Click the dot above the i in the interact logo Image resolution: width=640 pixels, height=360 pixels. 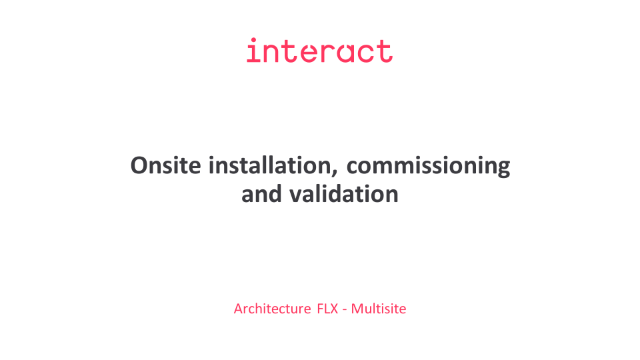click(x=253, y=41)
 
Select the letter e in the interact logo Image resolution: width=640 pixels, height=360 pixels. click(x=309, y=53)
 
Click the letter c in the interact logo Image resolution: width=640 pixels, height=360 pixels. click(x=366, y=53)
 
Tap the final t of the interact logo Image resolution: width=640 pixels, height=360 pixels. click(x=385, y=51)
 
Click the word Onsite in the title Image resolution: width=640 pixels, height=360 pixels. click(x=166, y=165)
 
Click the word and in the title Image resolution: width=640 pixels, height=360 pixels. click(x=261, y=194)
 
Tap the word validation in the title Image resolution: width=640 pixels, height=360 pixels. click(x=344, y=194)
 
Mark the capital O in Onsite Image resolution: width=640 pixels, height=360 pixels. click(x=139, y=165)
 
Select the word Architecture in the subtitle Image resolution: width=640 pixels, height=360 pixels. click(x=272, y=309)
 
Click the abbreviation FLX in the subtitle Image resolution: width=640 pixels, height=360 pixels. click(x=327, y=309)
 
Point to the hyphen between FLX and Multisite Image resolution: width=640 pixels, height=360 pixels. click(x=345, y=310)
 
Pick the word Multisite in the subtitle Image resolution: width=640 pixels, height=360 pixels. click(x=379, y=309)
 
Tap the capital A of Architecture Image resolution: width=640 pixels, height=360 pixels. click(x=239, y=309)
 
